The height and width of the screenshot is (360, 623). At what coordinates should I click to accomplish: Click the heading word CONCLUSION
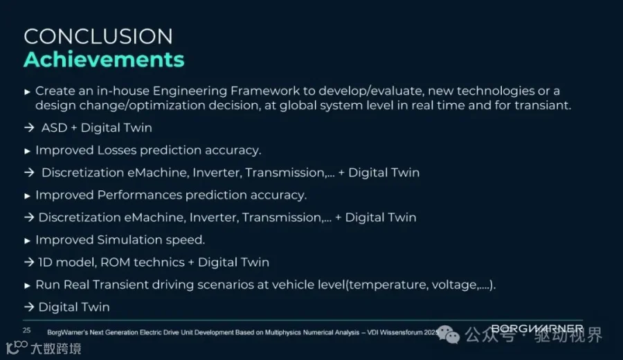[98, 37]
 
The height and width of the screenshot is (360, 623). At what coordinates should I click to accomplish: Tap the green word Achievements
[104, 60]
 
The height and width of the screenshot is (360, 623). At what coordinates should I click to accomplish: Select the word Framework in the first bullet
[265, 91]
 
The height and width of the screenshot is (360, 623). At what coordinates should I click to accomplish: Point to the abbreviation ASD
[55, 128]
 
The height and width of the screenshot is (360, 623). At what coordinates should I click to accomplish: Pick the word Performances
[139, 195]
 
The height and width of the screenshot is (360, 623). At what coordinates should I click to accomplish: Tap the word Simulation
[129, 240]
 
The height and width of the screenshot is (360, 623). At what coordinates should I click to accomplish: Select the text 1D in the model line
[45, 262]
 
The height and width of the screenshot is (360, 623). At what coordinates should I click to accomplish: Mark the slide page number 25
[26, 330]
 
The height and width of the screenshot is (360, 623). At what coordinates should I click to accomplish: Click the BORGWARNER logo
[537, 329]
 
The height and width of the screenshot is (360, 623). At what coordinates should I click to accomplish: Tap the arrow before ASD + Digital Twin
[29, 127]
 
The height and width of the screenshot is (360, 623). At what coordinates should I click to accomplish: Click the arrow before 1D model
[29, 262]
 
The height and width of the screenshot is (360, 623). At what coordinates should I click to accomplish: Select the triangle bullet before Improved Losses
[27, 151]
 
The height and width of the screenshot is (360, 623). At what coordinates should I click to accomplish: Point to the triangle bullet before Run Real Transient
[27, 286]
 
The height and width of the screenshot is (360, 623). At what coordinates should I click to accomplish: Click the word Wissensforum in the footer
[401, 332]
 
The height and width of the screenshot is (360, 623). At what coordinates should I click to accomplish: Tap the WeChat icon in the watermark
[448, 335]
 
